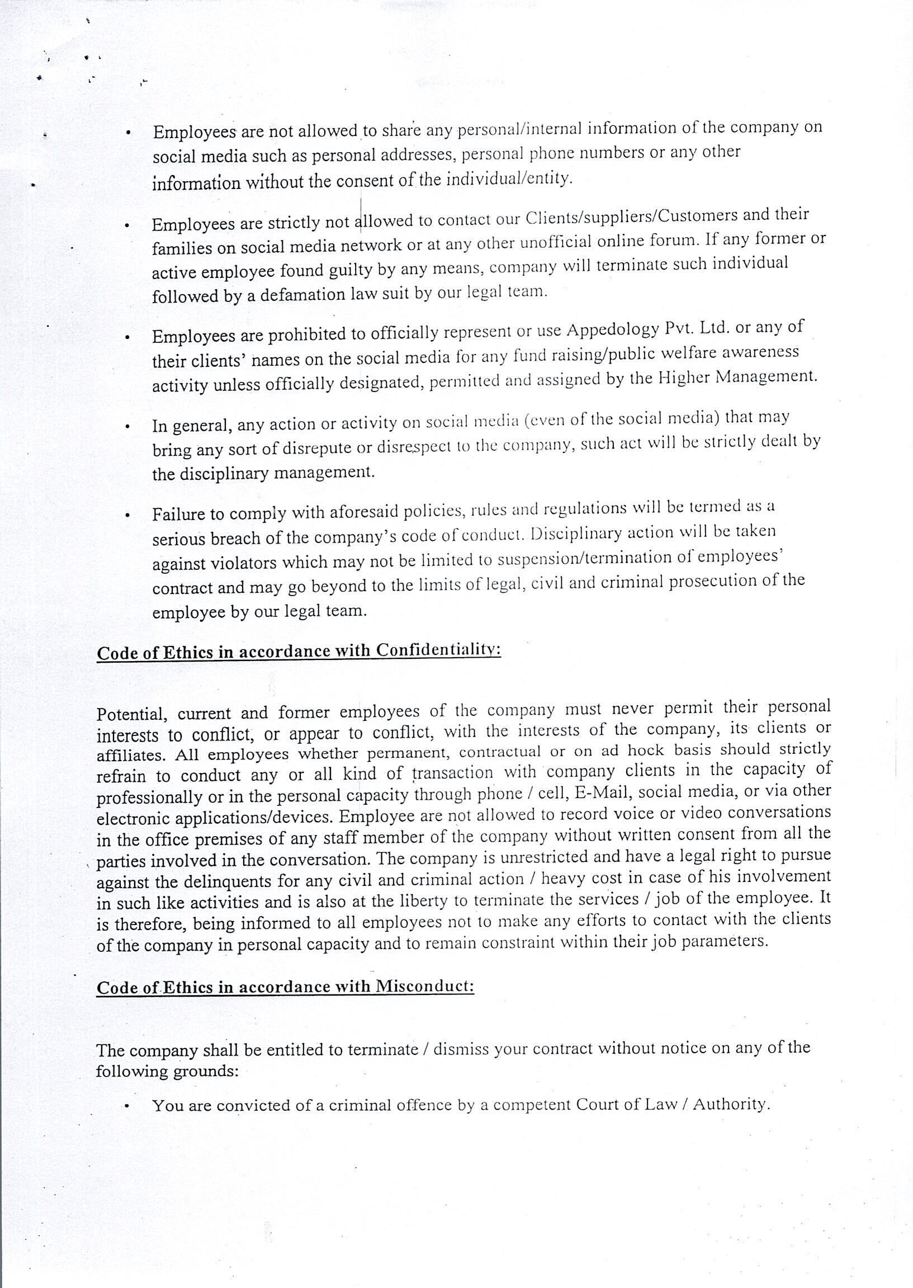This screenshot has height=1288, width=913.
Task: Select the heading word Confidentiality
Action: coord(438,650)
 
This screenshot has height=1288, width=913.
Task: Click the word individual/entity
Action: coord(508,180)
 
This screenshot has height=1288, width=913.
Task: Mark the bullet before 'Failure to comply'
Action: coord(129,515)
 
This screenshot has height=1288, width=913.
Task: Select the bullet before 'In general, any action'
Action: coord(129,427)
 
